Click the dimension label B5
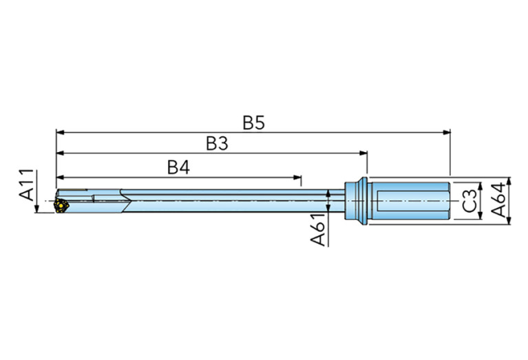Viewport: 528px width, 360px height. (x=253, y=123)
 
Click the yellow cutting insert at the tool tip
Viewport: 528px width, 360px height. (x=61, y=205)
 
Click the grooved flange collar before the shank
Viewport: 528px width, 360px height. (x=353, y=200)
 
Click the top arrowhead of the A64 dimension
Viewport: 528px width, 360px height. (x=509, y=181)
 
